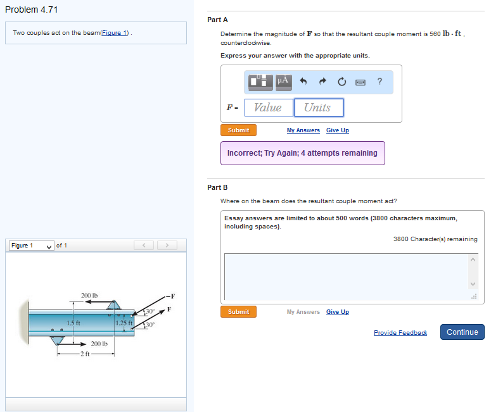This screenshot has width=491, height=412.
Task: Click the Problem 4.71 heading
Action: click(32, 9)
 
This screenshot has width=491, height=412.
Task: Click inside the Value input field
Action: click(269, 108)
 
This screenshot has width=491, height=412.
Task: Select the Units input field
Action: click(318, 108)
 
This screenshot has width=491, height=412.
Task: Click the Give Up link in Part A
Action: click(337, 130)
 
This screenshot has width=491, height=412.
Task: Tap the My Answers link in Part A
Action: click(303, 130)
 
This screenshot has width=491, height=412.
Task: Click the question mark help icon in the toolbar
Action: click(379, 81)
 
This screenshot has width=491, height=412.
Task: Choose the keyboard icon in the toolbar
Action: click(360, 81)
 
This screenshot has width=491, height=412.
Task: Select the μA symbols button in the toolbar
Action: click(283, 81)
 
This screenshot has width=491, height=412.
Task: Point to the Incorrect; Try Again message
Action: click(302, 153)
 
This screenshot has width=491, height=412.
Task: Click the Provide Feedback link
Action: click(400, 333)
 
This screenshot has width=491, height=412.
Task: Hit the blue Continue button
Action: click(462, 332)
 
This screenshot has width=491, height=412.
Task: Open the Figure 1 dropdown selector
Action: click(31, 246)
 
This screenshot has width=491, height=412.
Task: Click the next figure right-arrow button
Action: click(167, 246)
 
